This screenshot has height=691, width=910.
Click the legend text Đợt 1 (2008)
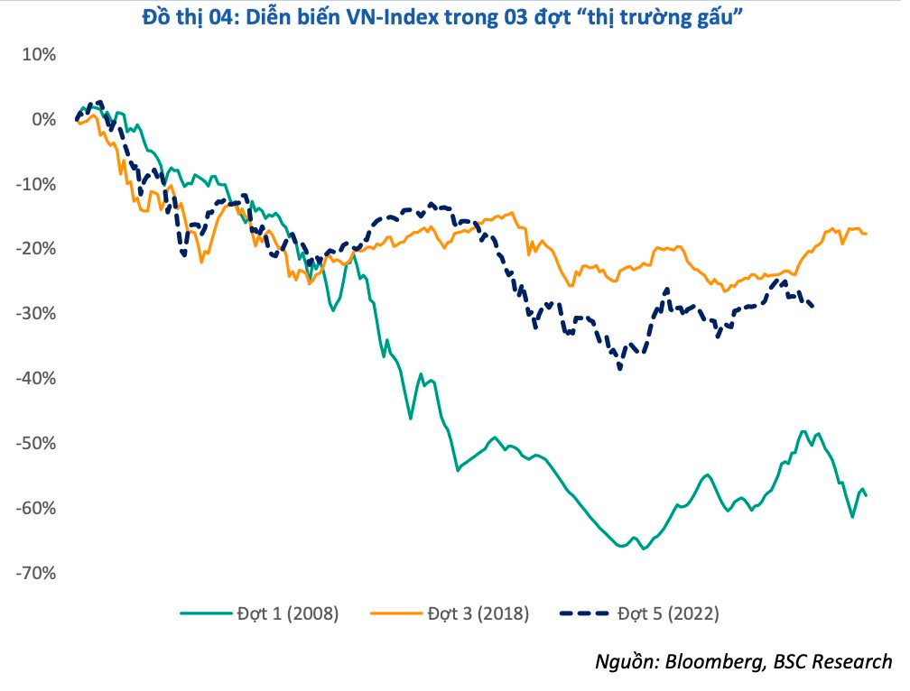[285, 614]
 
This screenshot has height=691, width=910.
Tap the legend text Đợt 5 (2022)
[666, 614]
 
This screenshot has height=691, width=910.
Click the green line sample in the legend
[205, 614]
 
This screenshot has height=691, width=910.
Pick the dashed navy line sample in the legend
[586, 614]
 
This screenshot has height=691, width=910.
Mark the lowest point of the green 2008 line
[644, 548]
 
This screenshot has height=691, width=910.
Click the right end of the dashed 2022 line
[813, 307]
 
